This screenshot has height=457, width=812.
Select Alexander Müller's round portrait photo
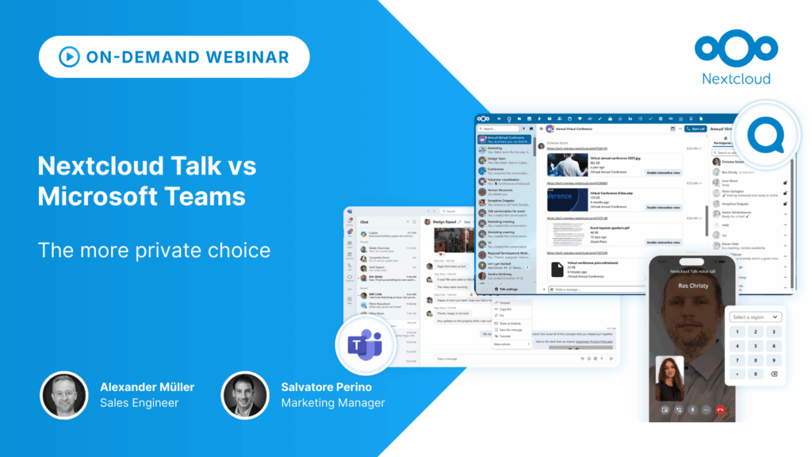coord(65,395)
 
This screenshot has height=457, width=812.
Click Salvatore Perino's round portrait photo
coord(245,395)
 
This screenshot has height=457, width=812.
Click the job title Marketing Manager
coord(332,403)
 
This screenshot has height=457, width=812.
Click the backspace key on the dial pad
coord(774,374)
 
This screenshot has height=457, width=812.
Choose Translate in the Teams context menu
coord(504,337)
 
